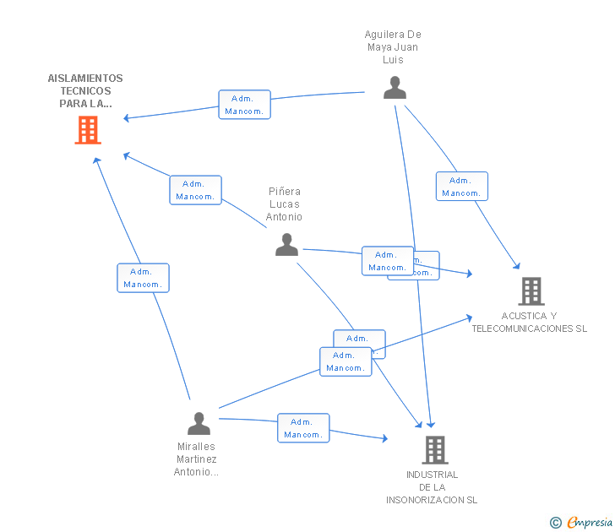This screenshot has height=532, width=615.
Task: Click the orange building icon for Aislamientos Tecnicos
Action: pyautogui.click(x=88, y=130)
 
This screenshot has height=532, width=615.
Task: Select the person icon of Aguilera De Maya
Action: pyautogui.click(x=395, y=88)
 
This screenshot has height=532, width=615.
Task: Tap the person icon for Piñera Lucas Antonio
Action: pyautogui.click(x=286, y=245)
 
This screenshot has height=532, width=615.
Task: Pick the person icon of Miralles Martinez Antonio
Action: pyautogui.click(x=199, y=424)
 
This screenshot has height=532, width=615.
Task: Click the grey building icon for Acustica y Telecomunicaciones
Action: pyautogui.click(x=531, y=291)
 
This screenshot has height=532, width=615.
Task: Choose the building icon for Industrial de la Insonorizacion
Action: pyautogui.click(x=434, y=450)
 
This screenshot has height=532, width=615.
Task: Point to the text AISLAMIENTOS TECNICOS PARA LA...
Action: pyautogui.click(x=85, y=91)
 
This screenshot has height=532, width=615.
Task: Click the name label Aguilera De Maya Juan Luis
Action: pyautogui.click(x=393, y=47)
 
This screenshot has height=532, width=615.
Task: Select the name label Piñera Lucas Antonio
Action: pyautogui.click(x=285, y=204)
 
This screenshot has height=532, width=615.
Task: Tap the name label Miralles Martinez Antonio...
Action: pyautogui.click(x=197, y=459)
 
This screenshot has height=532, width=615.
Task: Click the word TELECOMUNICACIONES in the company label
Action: pyautogui.click(x=529, y=328)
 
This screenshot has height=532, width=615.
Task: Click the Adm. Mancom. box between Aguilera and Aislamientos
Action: pyautogui.click(x=244, y=105)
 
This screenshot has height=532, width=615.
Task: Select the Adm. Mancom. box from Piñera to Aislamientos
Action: pyautogui.click(x=195, y=190)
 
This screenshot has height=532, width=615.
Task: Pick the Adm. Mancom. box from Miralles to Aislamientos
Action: pyautogui.click(x=143, y=278)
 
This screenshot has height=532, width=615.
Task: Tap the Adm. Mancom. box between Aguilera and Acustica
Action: pyautogui.click(x=461, y=187)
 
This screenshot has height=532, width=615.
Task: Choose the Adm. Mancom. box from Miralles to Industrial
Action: pyautogui.click(x=303, y=428)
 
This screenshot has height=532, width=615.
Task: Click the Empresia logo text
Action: pyautogui.click(x=590, y=523)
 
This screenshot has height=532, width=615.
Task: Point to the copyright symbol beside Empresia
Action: pyautogui.click(x=556, y=524)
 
